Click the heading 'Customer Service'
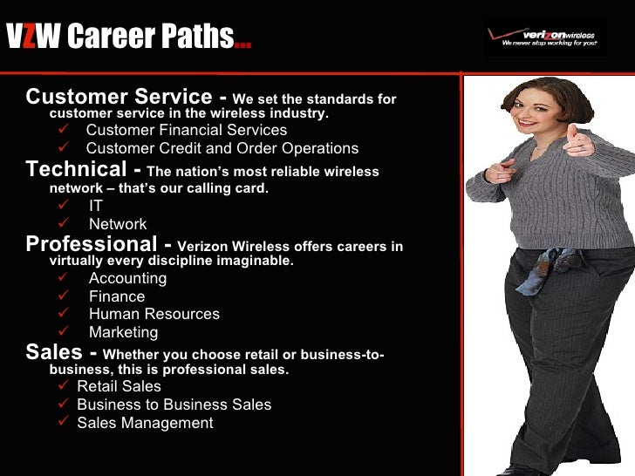point(118,97)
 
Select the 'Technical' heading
point(77,169)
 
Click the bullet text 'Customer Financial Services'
point(186,131)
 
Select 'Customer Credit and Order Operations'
point(222,148)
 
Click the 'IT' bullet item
point(96,207)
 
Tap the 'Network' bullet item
point(118,224)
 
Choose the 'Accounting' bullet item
point(127,279)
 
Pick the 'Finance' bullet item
point(117,296)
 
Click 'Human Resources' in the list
point(154,314)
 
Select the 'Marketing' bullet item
point(123,332)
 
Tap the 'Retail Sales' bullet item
point(119,386)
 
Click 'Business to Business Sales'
point(174,405)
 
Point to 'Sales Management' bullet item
point(145,423)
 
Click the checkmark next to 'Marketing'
point(62,331)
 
